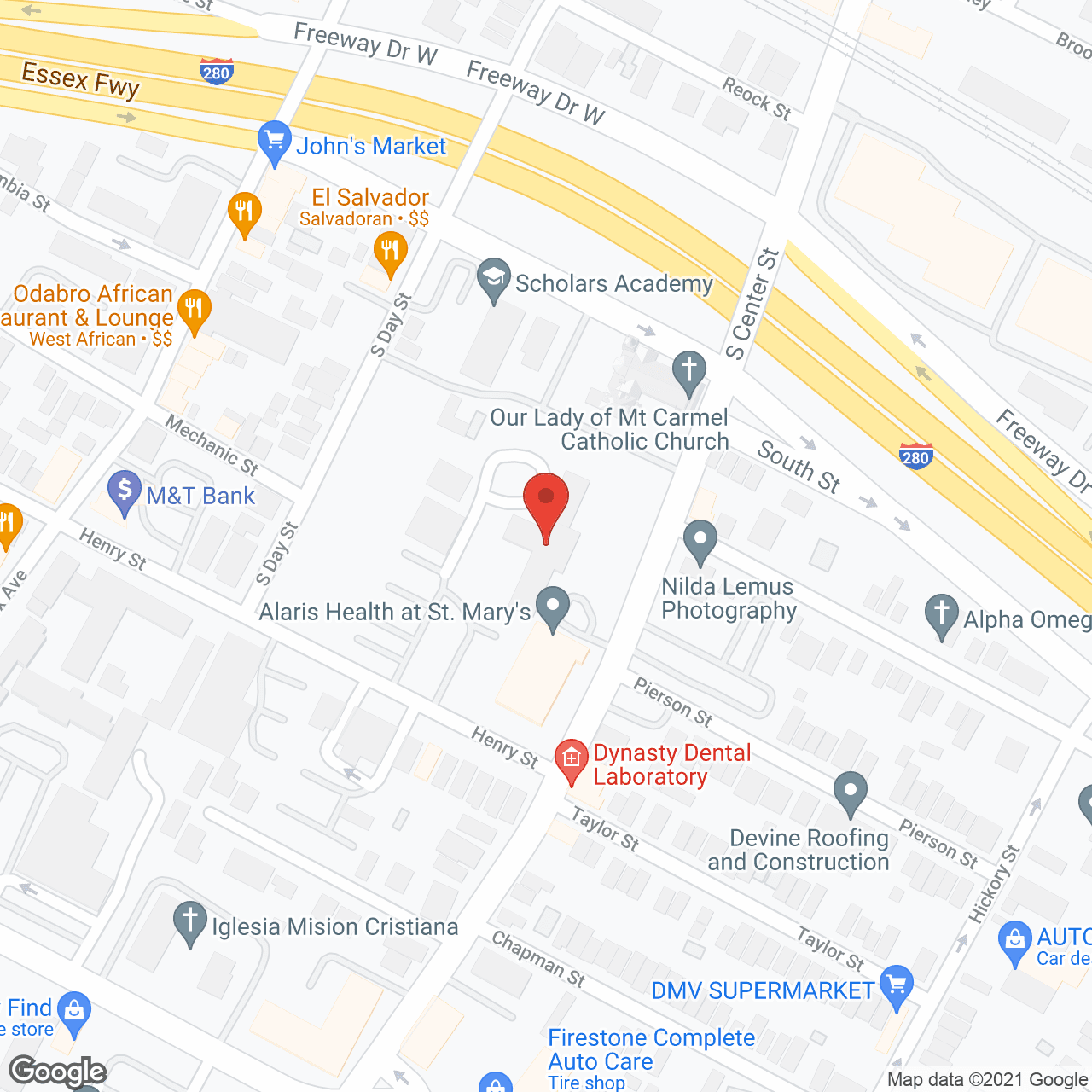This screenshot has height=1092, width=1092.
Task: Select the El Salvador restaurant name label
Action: click(369, 198)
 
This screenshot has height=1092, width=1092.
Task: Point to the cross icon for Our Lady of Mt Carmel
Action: click(688, 372)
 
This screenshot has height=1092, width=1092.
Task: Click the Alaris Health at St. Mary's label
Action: click(394, 612)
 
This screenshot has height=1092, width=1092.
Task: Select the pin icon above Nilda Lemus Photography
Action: click(700, 541)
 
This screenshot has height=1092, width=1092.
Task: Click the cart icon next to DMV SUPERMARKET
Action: click(896, 986)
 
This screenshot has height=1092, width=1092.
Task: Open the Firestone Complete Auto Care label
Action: click(650, 1049)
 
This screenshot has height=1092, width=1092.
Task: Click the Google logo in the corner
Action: click(57, 1072)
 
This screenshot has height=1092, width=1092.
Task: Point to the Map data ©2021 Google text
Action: click(987, 1080)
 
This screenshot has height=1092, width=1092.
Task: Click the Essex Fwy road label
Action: click(80, 80)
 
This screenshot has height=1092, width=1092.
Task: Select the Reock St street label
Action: click(757, 97)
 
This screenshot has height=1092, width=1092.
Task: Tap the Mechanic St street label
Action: click(211, 444)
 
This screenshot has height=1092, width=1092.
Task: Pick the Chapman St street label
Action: click(538, 959)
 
